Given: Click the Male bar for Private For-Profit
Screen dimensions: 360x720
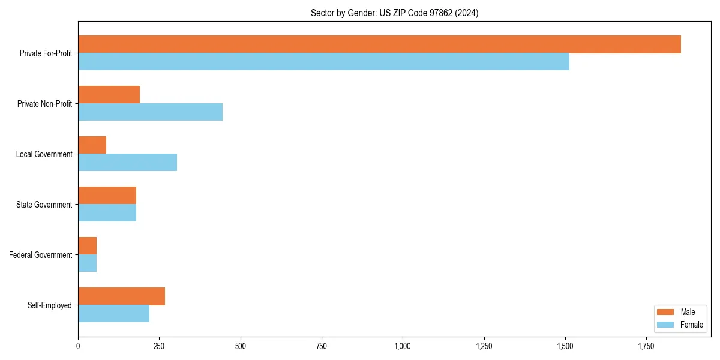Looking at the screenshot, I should tap(379, 44).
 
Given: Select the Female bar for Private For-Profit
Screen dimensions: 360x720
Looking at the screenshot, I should tap(323, 62).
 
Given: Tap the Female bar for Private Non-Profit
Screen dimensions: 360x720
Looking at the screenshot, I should tap(150, 112).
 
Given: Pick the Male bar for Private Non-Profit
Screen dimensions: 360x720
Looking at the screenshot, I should tap(109, 95).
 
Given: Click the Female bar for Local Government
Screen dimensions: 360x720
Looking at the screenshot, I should tap(127, 163).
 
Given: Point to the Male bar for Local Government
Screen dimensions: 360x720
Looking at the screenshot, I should tap(92, 145).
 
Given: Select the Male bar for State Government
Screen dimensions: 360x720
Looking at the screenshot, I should tap(107, 196).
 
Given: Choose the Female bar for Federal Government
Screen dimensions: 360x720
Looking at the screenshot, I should tap(87, 263).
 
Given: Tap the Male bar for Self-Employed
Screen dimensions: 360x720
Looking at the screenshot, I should tap(121, 296).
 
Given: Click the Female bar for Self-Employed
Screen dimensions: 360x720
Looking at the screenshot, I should tap(113, 314).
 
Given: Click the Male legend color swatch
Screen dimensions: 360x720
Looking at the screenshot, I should tap(666, 313).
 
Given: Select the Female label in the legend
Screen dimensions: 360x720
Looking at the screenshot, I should tap(691, 325).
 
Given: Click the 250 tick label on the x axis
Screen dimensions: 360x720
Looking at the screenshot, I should tap(159, 346).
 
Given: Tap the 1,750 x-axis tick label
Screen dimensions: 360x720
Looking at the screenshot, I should tap(646, 346).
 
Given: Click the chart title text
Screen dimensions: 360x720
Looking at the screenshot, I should tap(394, 13).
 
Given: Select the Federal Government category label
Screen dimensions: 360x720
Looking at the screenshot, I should tap(41, 255).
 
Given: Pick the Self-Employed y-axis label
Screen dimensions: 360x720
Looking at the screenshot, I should tap(50, 305).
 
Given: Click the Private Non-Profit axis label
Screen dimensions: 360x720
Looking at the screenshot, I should tap(44, 104).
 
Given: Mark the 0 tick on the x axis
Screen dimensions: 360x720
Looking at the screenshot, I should tap(78, 346).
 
